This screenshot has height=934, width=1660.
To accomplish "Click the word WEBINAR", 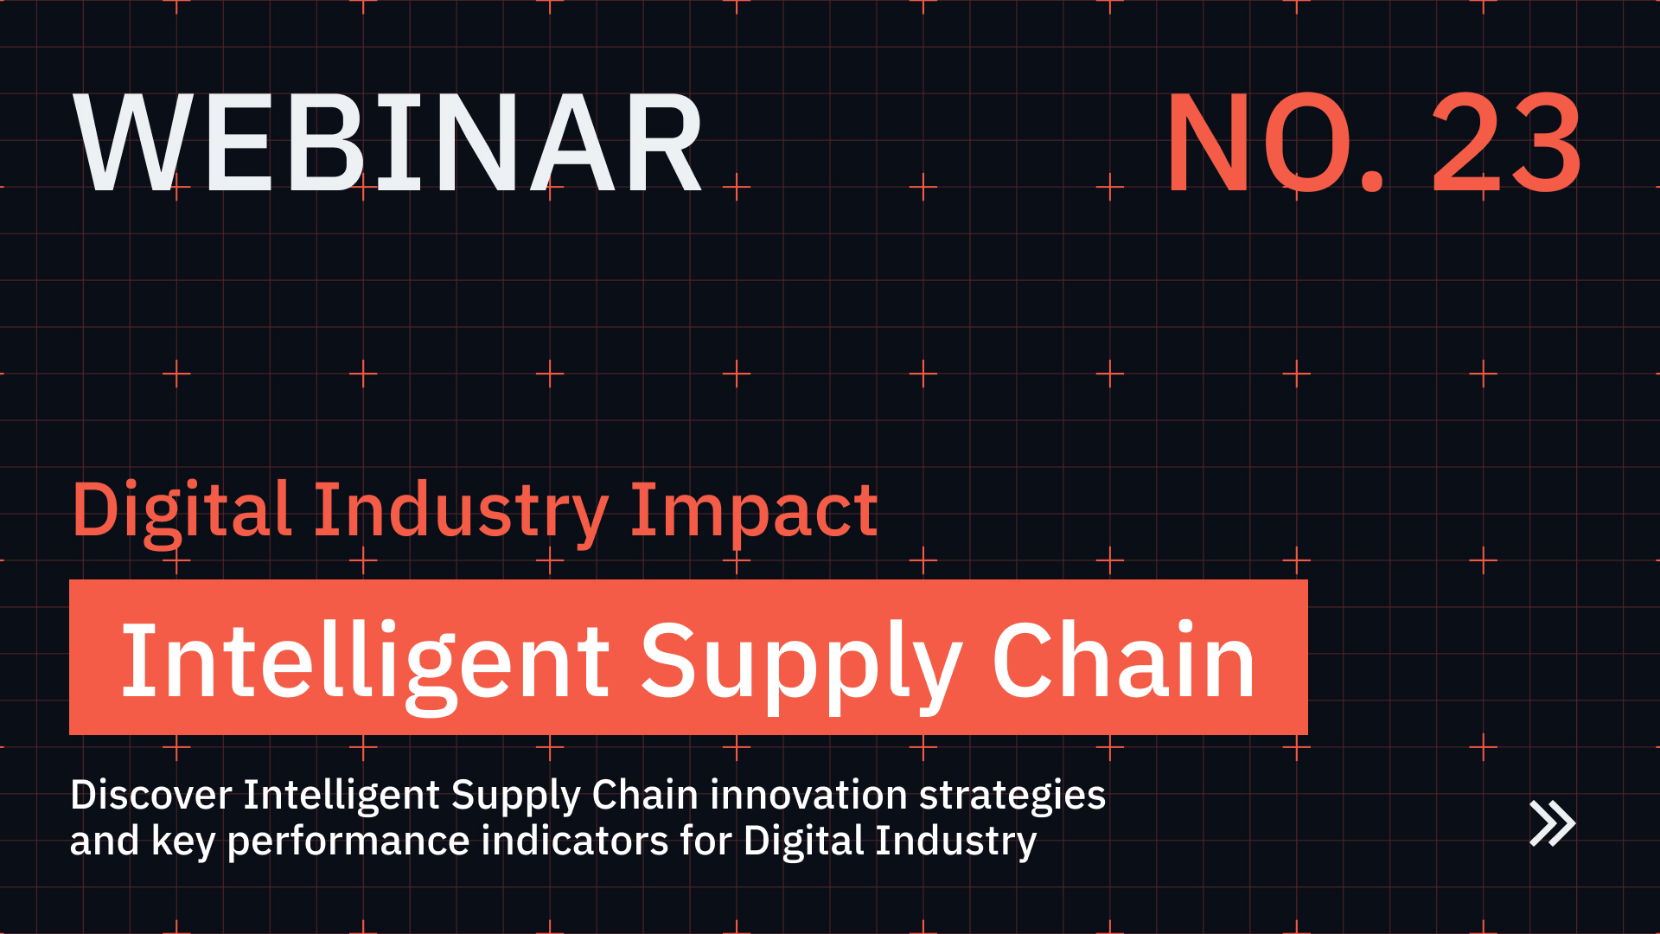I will click(x=389, y=144).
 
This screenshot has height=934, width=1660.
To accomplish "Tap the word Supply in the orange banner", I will click(x=800, y=662).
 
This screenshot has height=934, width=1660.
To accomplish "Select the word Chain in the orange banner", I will click(x=1123, y=661).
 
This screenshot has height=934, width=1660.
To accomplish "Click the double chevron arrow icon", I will click(x=1552, y=823).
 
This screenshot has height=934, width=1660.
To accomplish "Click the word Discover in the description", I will click(x=150, y=795).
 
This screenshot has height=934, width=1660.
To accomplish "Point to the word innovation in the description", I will click(x=808, y=795).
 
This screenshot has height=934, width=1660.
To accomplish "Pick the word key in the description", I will click(x=182, y=841).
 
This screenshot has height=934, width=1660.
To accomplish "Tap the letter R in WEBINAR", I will click(x=662, y=144).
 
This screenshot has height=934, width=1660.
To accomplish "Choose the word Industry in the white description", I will click(x=955, y=841).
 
